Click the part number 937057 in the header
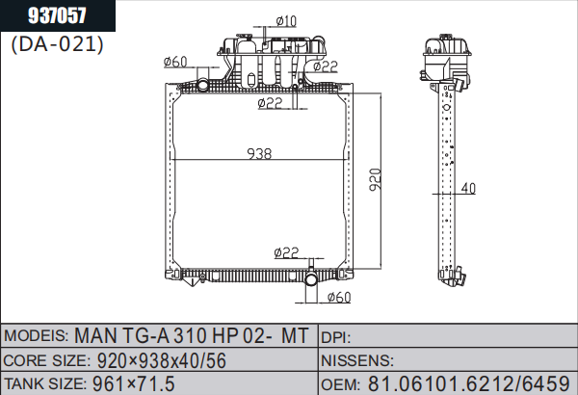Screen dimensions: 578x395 coord(57,15)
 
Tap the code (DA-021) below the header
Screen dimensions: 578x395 coord(57,44)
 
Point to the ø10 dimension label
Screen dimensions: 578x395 coord(286,21)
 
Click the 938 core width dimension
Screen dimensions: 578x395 coord(259,154)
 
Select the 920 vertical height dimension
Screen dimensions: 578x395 coord(376,179)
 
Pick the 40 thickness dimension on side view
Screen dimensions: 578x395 coord(468,189)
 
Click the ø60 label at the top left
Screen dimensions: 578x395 coord(175,62)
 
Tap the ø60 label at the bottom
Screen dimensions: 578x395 coord(339,297)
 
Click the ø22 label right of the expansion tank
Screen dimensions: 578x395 coord(326,66)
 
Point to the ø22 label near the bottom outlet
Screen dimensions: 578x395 coord(286,252)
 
